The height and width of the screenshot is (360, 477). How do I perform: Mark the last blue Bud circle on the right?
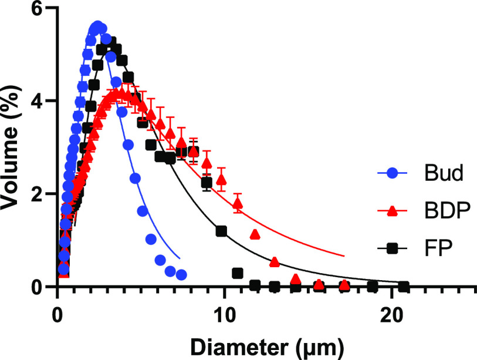click(x=181, y=275)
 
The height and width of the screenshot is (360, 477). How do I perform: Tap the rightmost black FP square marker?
click(x=404, y=287)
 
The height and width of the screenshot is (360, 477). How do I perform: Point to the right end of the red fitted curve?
click(x=344, y=256)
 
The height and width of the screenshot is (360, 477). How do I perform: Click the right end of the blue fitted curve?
click(x=180, y=258)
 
